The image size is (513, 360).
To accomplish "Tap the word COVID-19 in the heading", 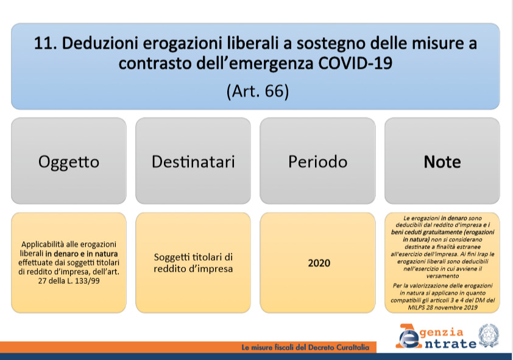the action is (355, 63).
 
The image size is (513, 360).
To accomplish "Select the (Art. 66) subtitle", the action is (258, 91).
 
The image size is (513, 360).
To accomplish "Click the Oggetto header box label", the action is (69, 162).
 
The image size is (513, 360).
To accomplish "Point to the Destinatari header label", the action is (193, 161).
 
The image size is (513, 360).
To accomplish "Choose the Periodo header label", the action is (317, 161).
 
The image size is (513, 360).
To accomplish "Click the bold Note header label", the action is (442, 161).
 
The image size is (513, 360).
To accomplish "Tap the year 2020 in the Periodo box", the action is (319, 263).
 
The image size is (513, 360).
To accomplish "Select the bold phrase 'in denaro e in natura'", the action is (82, 254).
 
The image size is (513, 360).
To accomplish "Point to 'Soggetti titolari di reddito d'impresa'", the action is (193, 263).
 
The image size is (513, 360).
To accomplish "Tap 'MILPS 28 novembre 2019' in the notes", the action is (442, 308).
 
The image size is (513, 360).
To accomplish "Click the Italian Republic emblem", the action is (489, 336).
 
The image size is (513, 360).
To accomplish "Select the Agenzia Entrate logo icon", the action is (408, 336).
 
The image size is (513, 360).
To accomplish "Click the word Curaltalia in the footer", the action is (353, 348).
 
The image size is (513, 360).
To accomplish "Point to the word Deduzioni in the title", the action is (100, 43).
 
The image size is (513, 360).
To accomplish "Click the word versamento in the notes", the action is (442, 276).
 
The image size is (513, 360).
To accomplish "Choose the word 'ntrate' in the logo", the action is (450, 344).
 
